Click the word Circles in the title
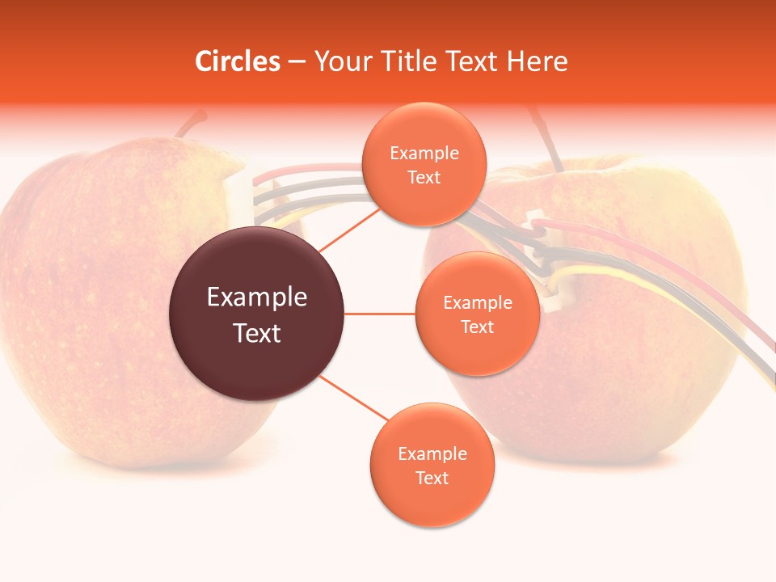tap(238, 61)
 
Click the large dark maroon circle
tap(256, 314)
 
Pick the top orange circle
tap(424, 164)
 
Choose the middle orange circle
tap(477, 314)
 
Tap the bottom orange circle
tap(432, 465)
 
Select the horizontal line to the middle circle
tap(380, 314)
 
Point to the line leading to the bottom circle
tap(353, 399)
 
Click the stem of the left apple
tap(191, 124)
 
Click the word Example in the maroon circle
tap(256, 297)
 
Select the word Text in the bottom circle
tap(432, 478)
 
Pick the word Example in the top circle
tap(424, 153)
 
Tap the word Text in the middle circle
tap(477, 327)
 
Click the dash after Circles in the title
tap(296, 62)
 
